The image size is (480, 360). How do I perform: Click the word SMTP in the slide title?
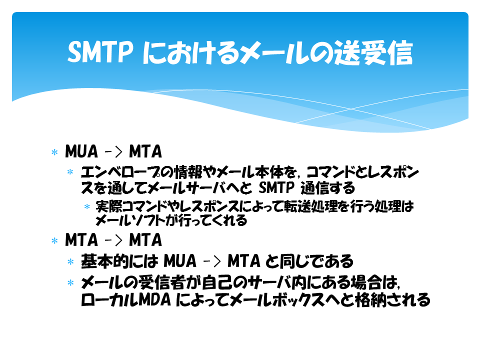(x=100, y=52)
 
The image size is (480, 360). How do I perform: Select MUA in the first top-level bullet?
(x=81, y=151)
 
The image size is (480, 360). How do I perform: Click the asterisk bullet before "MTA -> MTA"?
(x=54, y=240)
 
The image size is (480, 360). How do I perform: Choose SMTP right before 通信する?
(x=276, y=188)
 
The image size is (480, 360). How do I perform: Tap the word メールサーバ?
(x=188, y=188)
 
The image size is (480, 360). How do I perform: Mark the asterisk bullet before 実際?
(x=87, y=206)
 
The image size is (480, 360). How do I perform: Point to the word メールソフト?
(x=130, y=220)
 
